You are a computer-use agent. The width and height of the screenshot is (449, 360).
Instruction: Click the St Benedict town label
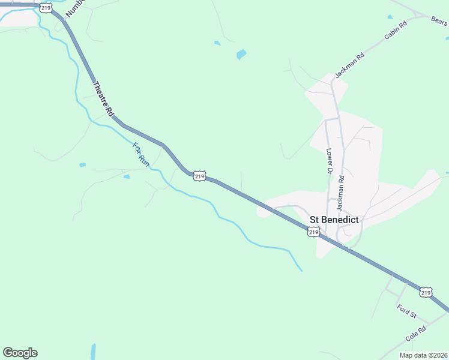click(x=334, y=220)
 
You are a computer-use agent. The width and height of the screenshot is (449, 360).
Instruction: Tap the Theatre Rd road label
click(x=103, y=98)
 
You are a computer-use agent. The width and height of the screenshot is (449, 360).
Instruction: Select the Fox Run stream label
click(x=140, y=154)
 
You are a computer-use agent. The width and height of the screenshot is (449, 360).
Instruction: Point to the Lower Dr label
click(x=329, y=161)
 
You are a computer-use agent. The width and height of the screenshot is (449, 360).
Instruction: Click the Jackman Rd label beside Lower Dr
click(x=340, y=191)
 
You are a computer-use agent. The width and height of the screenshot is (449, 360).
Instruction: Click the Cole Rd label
click(x=415, y=334)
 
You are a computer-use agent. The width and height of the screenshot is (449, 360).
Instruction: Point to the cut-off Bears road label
click(x=439, y=20)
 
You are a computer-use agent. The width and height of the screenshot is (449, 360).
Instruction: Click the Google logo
click(x=20, y=353)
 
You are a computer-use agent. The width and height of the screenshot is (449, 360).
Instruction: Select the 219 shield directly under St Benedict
click(x=312, y=232)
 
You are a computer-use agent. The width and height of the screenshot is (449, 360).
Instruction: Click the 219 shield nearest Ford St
click(x=426, y=292)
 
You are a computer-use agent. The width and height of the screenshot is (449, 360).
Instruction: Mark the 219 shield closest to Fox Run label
click(x=200, y=176)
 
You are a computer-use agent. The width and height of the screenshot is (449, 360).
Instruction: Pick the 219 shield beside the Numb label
click(x=46, y=7)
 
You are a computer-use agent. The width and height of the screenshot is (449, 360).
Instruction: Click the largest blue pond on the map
click(x=241, y=54)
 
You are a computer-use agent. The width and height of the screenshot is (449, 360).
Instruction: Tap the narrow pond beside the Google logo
click(x=93, y=352)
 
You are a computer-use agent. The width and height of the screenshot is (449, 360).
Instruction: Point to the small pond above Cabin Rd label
click(x=390, y=17)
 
